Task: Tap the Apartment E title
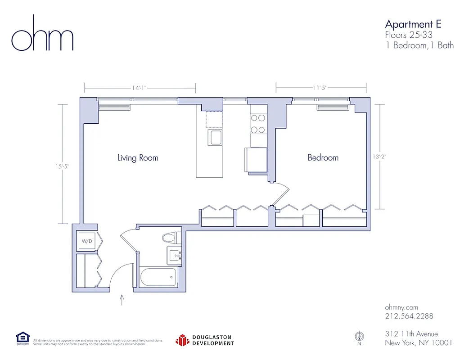point(413,24)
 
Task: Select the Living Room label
point(138,158)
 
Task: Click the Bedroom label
point(323,157)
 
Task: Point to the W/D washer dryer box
point(86,241)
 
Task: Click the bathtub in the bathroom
point(157,277)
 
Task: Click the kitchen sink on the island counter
point(215,137)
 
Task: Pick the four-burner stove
point(258,124)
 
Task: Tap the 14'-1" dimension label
point(139,88)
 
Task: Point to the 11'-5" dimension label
point(320,88)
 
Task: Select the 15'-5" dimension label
point(63,166)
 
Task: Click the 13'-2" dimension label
point(380,157)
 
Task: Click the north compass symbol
point(359,336)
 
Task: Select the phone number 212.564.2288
point(409,316)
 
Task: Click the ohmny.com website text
point(402,307)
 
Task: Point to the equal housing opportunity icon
point(23,338)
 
